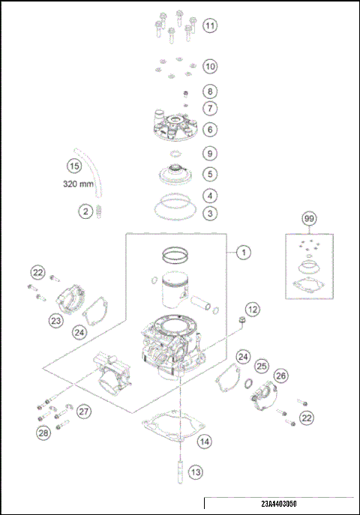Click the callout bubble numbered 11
point(210,26)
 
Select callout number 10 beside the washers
point(210,67)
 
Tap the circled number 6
point(211,129)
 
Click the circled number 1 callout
point(243,253)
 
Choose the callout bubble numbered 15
point(73,166)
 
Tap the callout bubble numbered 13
point(195,472)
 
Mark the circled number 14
point(204,442)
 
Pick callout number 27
point(83,411)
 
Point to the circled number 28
point(44,432)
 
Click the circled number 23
point(55,320)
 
